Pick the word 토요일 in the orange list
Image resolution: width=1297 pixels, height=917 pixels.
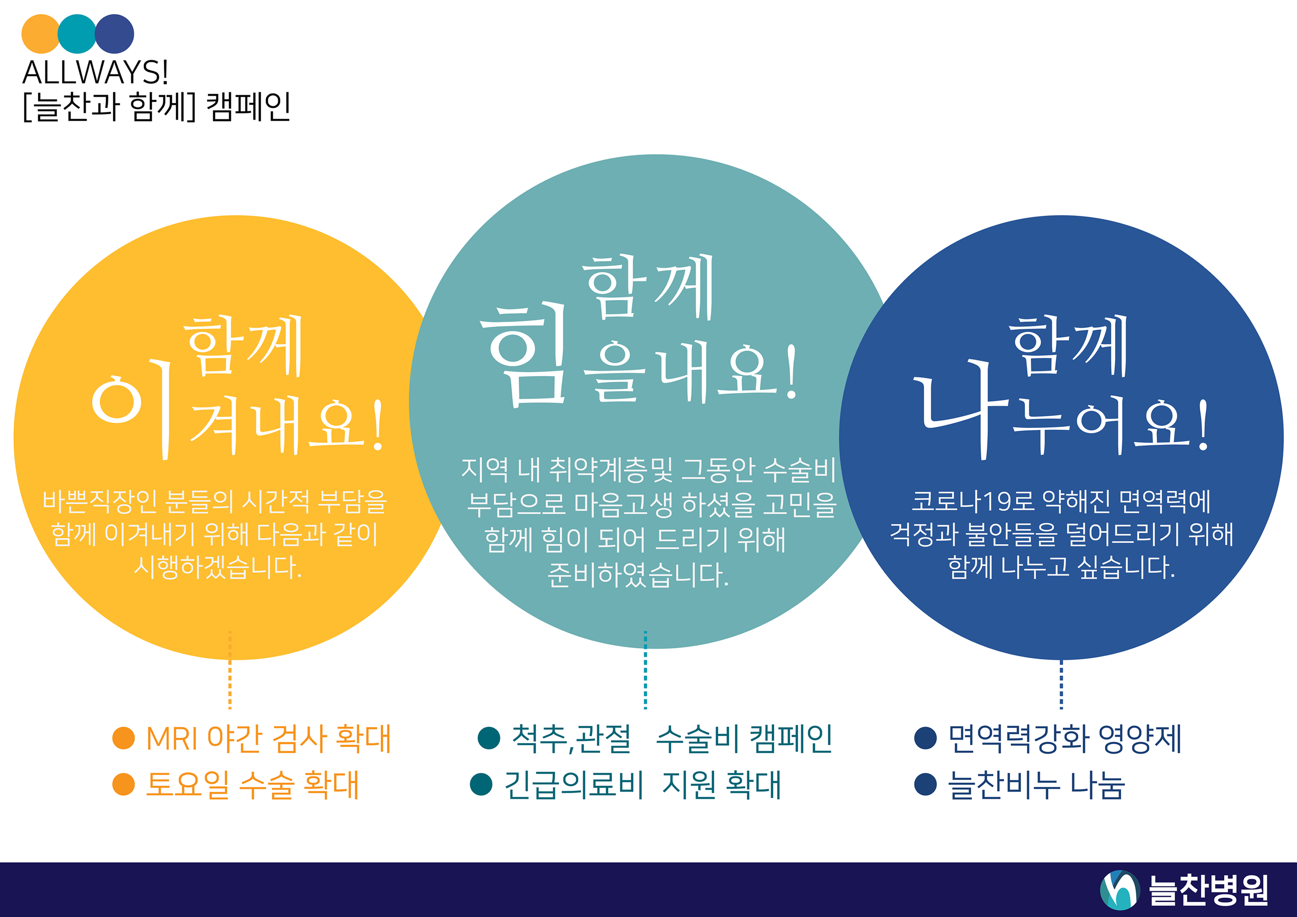tap(187, 784)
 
